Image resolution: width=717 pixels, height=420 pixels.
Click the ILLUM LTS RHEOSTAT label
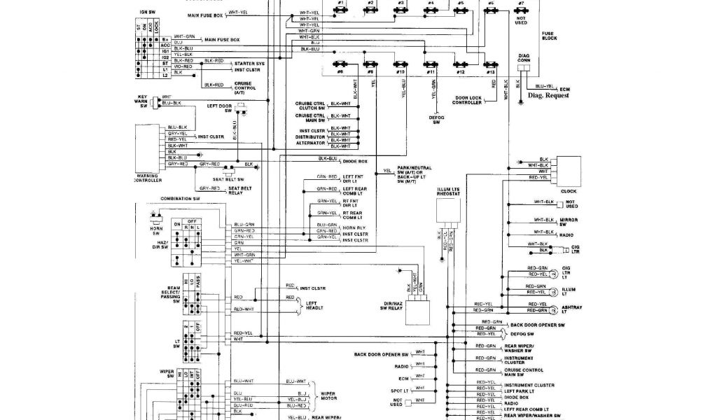[447, 190]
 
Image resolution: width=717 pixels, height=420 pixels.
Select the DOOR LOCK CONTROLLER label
[466, 100]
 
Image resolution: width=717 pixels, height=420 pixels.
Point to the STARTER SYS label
[249, 63]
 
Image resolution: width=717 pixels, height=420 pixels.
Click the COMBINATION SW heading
[180, 199]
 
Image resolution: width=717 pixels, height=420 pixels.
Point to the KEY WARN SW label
[143, 101]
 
